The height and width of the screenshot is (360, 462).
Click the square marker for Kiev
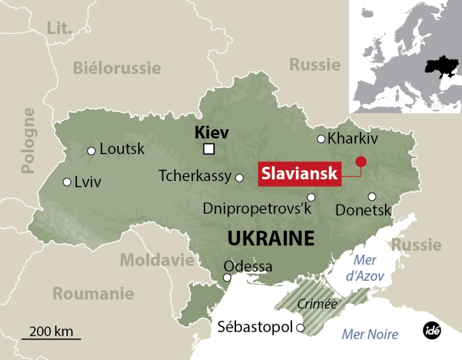(209, 150)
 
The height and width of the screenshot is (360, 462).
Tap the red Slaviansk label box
(299, 174)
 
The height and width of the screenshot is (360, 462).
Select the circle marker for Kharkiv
(321, 139)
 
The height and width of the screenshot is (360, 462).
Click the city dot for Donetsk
(372, 196)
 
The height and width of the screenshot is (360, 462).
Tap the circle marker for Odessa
(227, 278)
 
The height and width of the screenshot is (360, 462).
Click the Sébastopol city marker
(300, 328)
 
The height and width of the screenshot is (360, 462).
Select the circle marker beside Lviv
(68, 182)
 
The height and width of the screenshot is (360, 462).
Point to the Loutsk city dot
(91, 151)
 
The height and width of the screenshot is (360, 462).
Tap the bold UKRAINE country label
(271, 238)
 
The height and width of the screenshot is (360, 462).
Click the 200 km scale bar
(51, 338)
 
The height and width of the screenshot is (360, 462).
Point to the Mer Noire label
(370, 334)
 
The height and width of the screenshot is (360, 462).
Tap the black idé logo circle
(431, 330)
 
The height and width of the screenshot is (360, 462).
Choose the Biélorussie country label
(116, 68)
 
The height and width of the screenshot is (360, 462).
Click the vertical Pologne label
(27, 140)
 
